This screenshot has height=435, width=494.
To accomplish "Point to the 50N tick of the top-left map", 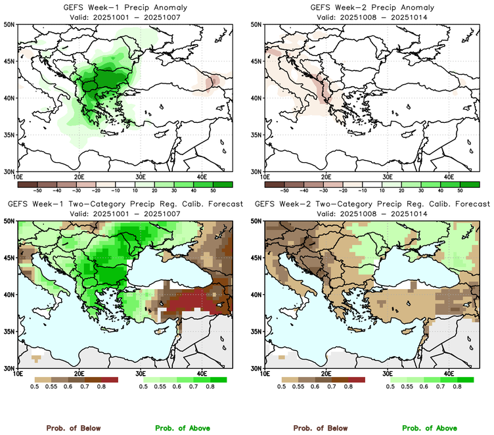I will (11, 25).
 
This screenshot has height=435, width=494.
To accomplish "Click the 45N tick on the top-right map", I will (258, 62).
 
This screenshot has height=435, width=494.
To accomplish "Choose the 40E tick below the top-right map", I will (449, 177).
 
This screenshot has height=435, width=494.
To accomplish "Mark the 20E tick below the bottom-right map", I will (326, 374).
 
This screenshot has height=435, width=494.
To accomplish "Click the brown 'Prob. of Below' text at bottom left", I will (73, 428).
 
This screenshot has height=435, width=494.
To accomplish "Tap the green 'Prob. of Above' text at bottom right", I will (430, 428).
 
